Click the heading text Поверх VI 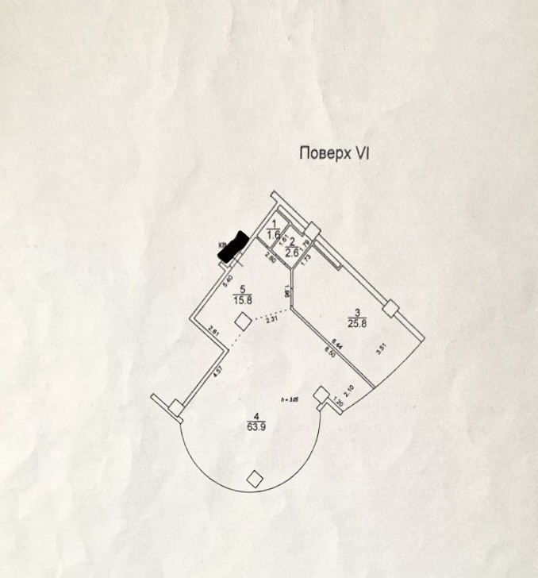334,153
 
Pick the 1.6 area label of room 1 274,234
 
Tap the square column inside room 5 243,321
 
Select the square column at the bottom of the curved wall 255,478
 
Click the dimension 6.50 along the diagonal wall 327,352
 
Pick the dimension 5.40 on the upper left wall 227,279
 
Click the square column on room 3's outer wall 389,308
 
